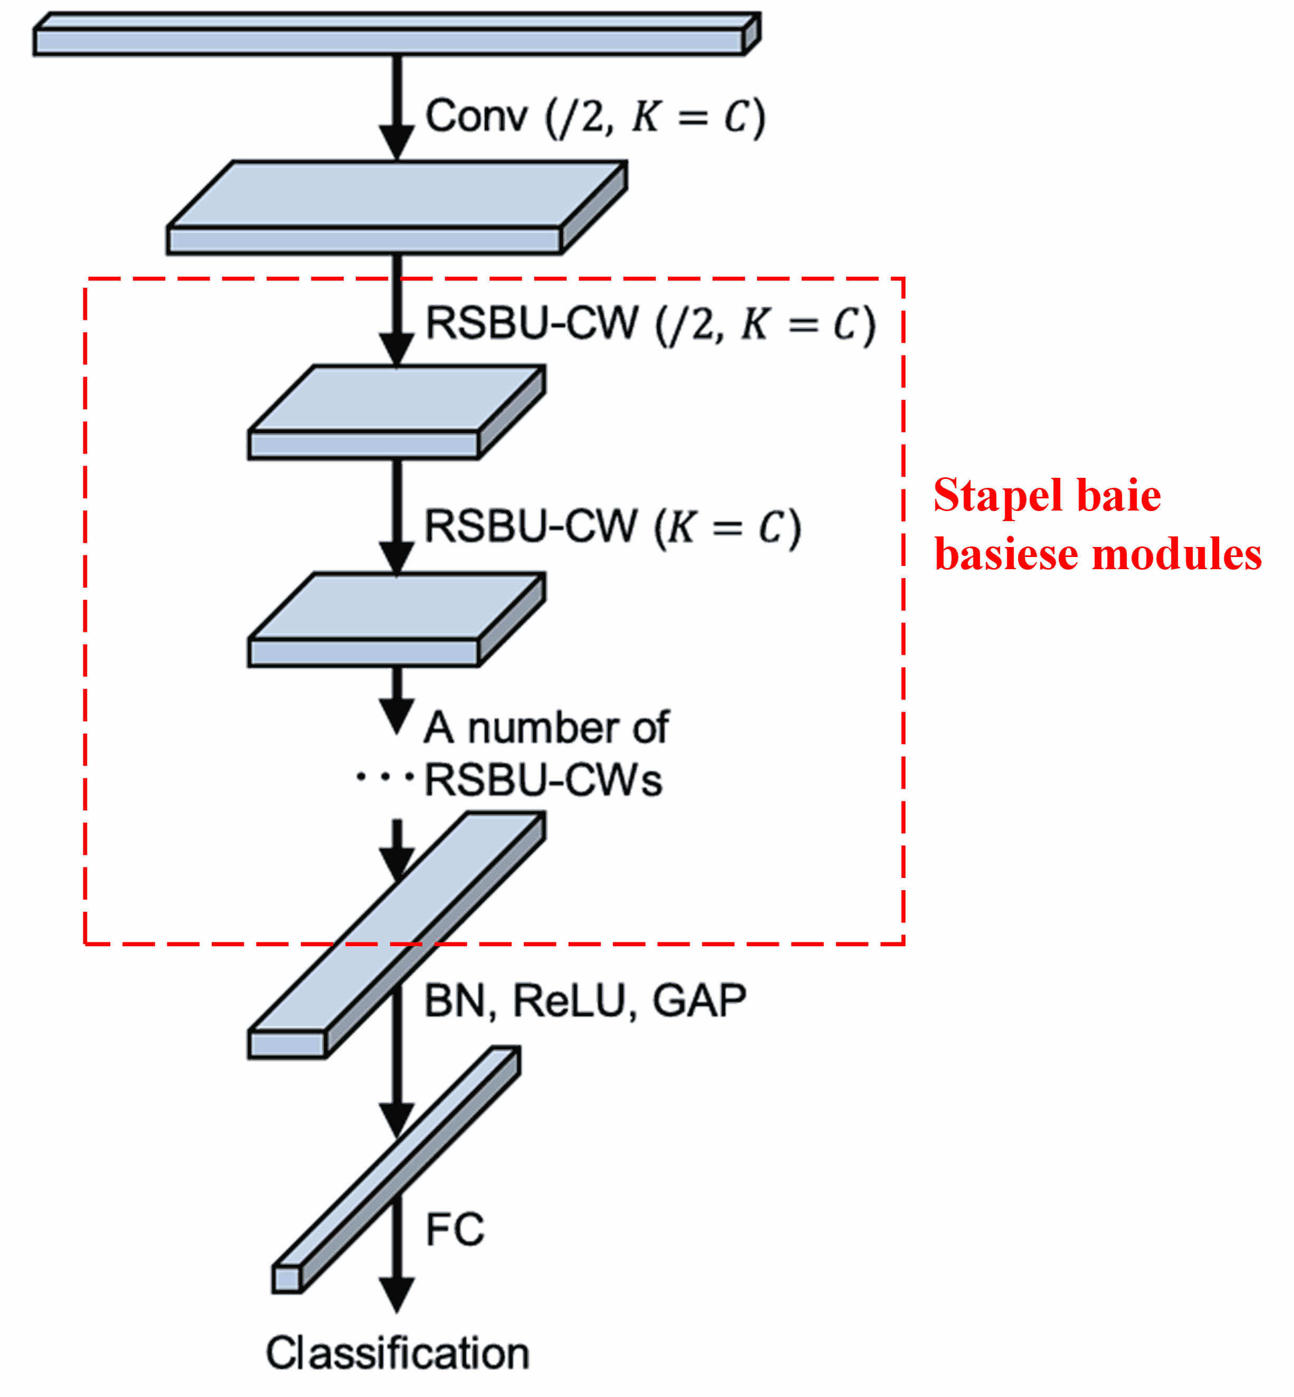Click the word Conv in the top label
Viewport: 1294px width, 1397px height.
tap(476, 116)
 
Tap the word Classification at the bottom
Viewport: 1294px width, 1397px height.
tap(397, 1354)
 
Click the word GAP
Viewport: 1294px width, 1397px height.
tap(699, 1002)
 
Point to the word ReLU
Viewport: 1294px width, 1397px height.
tap(569, 1002)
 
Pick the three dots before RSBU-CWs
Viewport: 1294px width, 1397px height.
tap(384, 777)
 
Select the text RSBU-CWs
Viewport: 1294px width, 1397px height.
tap(543, 781)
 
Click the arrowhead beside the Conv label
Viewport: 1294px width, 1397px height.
tap(396, 142)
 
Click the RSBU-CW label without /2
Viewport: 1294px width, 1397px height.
tap(531, 526)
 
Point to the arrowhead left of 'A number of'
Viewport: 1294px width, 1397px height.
tap(396, 715)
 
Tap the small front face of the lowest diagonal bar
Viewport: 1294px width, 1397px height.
tap(286, 1279)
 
